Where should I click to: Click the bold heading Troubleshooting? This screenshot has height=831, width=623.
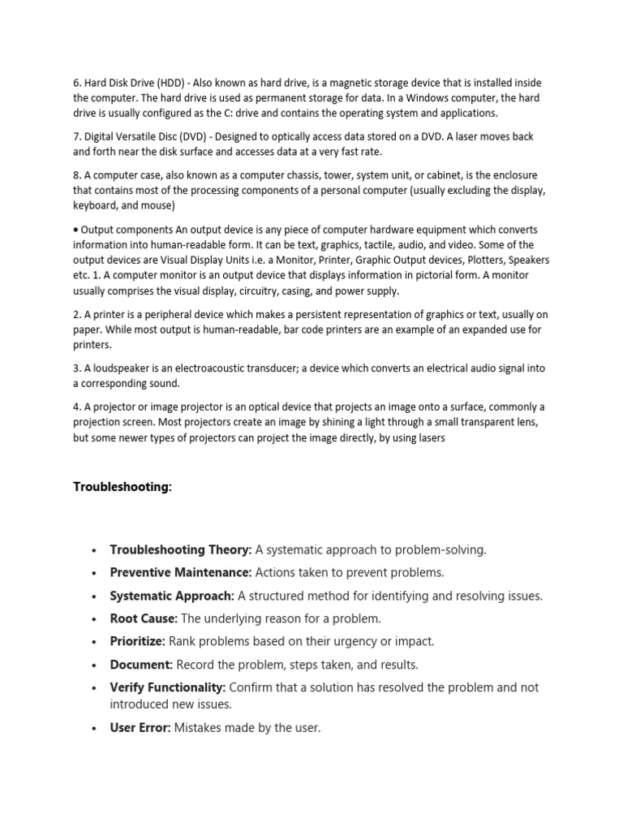[x=122, y=487]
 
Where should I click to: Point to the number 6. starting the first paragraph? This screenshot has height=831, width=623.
[x=78, y=83]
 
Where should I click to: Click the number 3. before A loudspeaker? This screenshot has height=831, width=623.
[x=78, y=368]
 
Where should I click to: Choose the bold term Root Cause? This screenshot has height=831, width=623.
[x=144, y=618]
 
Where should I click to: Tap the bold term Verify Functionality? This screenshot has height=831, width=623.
[x=168, y=687]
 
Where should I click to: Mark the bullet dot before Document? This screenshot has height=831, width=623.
[x=95, y=665]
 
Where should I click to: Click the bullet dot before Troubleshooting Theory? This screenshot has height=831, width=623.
[x=95, y=550]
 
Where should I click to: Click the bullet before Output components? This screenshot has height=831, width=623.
[x=76, y=230]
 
